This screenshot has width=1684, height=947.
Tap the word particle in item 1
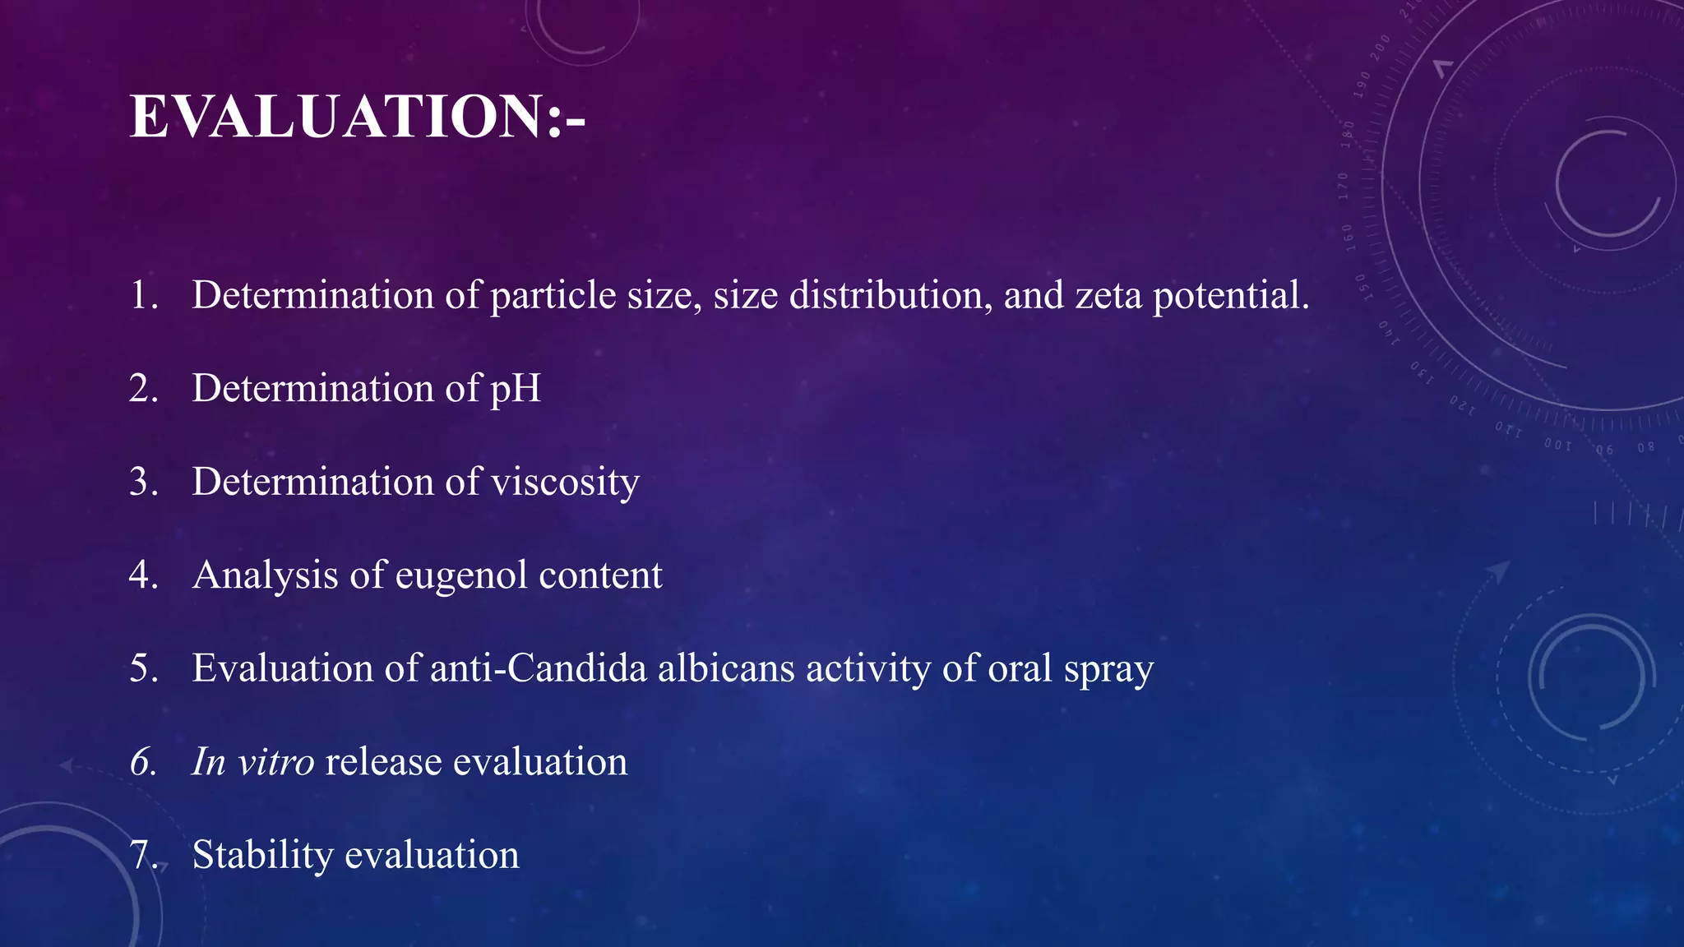point(553,295)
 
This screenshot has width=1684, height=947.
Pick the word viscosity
point(565,482)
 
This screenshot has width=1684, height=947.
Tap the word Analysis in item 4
point(265,575)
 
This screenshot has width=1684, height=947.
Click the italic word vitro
point(275,761)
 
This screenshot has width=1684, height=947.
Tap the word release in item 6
point(383,761)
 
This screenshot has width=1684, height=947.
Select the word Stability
point(262,856)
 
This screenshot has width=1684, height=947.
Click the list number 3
point(143,482)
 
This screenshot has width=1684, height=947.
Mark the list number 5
point(143,668)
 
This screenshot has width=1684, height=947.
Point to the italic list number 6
point(143,762)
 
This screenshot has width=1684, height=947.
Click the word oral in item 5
point(1020,668)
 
